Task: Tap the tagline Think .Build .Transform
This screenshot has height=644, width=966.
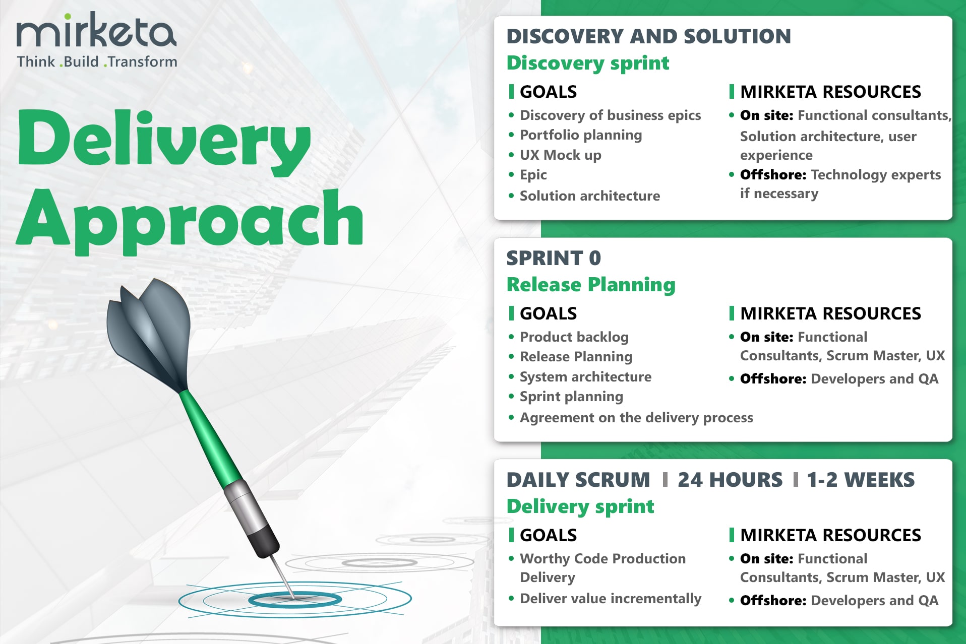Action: coord(97,61)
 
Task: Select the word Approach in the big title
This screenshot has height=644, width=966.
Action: coord(190,221)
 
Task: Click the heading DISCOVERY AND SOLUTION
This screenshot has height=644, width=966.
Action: coord(649,36)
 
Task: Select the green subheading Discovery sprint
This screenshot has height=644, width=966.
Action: coord(588,63)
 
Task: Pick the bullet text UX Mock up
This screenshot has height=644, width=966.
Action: coord(561,155)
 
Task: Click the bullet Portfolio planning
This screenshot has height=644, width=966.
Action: coord(581,135)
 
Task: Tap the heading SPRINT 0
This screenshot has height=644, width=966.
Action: coord(554,258)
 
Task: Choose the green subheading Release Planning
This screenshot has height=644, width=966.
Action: coord(591,285)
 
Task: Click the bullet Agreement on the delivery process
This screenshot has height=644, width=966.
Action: coord(636,418)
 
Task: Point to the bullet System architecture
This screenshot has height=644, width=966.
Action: coord(585,377)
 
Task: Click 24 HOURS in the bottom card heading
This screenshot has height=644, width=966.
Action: coord(730,480)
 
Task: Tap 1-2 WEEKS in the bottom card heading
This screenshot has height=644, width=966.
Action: coord(861,480)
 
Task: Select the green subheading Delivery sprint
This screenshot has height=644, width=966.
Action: coord(580,506)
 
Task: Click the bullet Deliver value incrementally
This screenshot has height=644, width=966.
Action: coord(611,599)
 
